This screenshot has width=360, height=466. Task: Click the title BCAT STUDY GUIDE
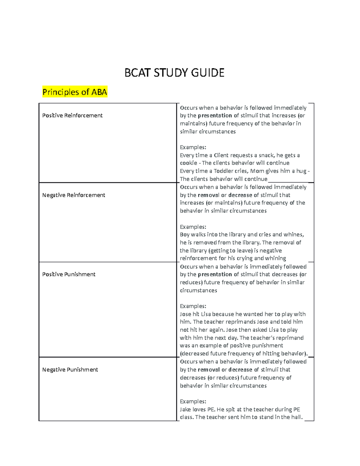[174, 73]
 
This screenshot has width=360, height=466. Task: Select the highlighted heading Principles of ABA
[75, 92]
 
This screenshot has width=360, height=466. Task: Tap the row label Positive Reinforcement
[72, 116]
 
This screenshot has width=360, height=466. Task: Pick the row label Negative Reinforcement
[73, 195]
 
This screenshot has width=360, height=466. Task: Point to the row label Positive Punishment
[69, 274]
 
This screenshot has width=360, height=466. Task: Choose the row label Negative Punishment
[70, 370]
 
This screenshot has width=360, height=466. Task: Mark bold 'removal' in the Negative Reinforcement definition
[208, 195]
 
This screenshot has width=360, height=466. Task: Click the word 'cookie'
[188, 163]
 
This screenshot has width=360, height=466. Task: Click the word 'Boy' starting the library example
[184, 235]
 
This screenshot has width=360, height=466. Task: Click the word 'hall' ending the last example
[296, 417]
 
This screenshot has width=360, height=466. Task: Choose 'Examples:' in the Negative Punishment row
[193, 401]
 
